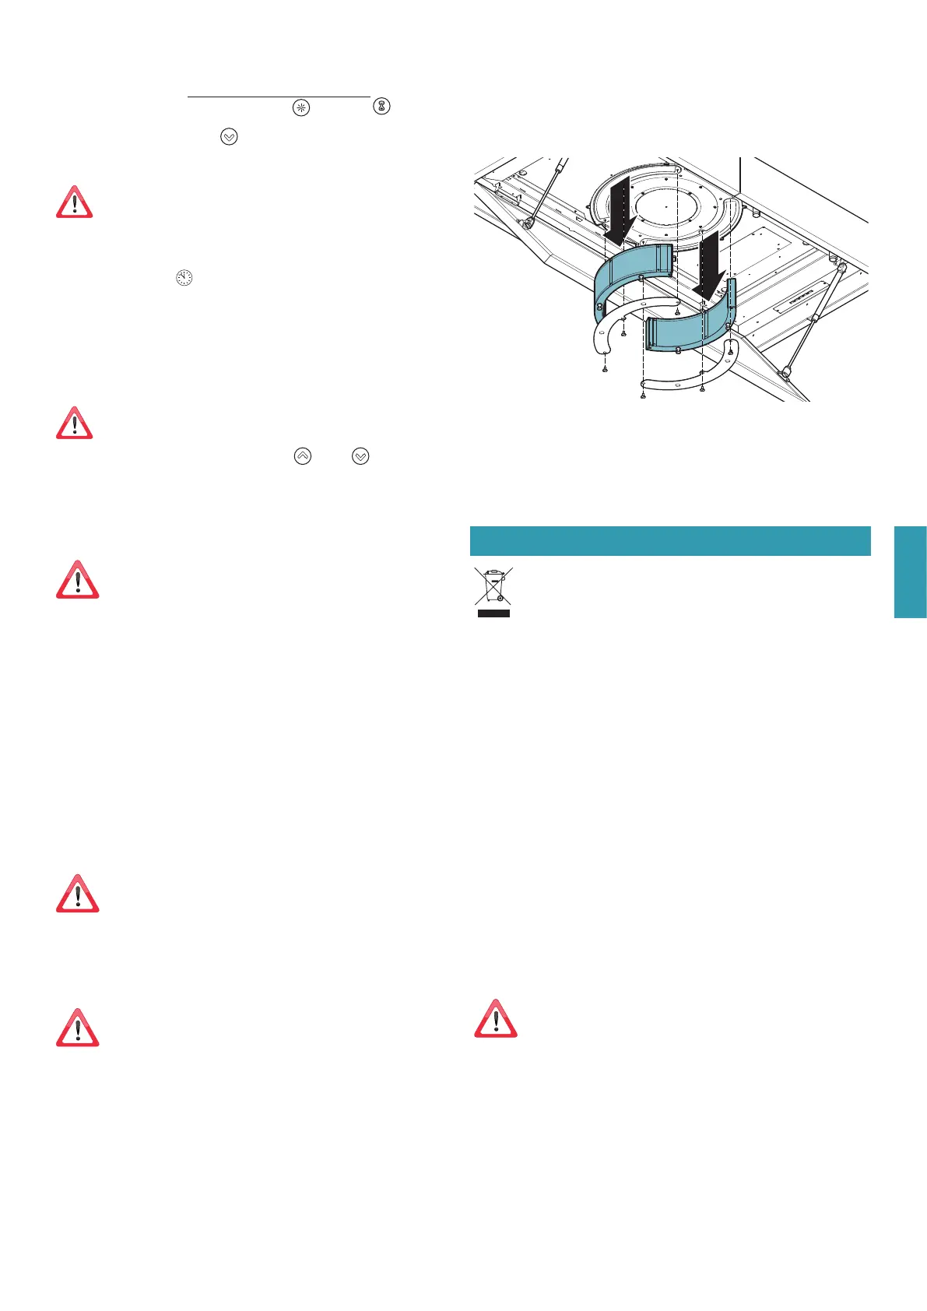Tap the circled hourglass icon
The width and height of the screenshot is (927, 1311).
(x=381, y=106)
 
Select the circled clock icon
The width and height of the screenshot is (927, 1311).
(x=184, y=278)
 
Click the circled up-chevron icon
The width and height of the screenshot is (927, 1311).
(x=303, y=456)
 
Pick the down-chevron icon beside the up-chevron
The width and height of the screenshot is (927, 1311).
(x=360, y=456)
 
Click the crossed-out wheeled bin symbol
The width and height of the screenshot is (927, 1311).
(x=493, y=586)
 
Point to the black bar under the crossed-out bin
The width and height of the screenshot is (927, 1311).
(x=493, y=613)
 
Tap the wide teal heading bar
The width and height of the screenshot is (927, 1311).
(x=669, y=540)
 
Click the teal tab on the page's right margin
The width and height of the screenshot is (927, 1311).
(x=910, y=571)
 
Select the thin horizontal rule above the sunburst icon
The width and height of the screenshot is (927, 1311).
(x=279, y=97)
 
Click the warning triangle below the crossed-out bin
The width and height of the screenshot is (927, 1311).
(x=496, y=1018)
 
